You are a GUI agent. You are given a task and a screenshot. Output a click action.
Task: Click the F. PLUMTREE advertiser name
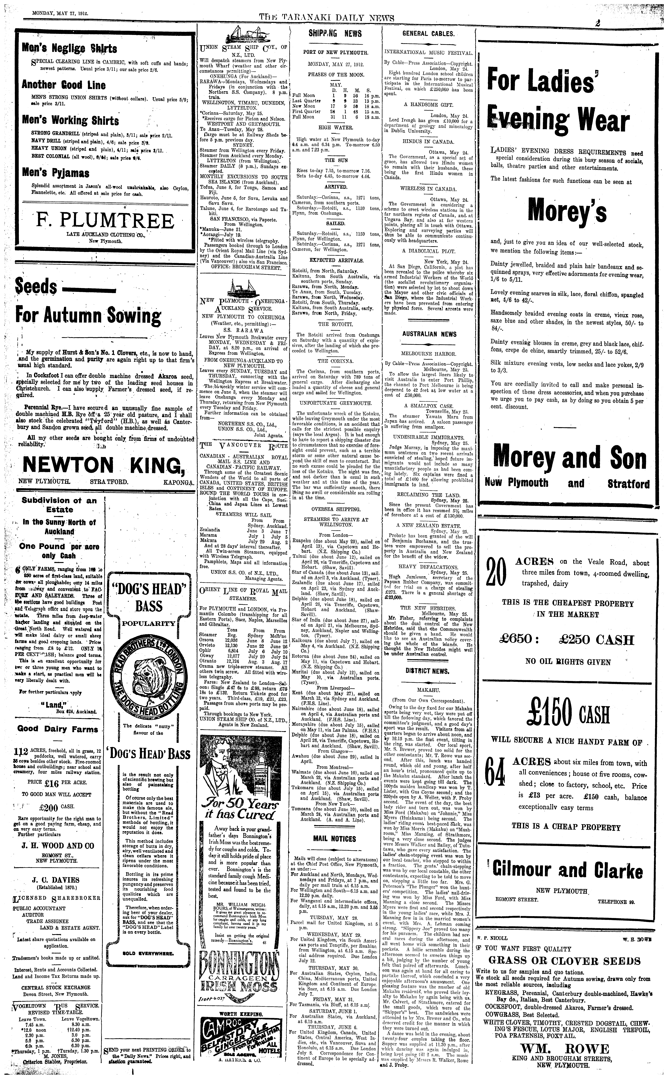pyautogui.click(x=105, y=221)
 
